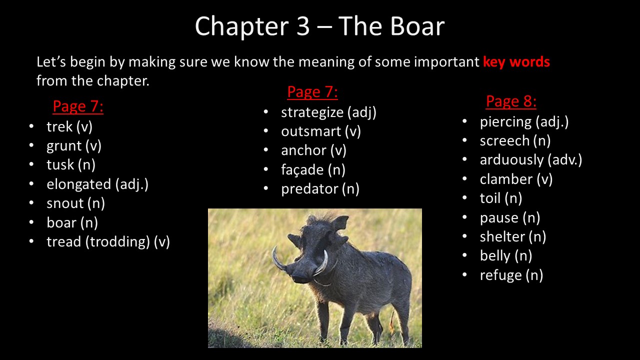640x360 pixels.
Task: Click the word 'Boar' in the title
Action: click(x=417, y=26)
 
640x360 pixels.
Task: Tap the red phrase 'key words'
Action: click(x=516, y=61)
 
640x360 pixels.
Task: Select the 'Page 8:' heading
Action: click(x=511, y=101)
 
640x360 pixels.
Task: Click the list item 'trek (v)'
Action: click(x=69, y=126)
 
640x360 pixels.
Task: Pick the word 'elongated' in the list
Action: click(x=79, y=184)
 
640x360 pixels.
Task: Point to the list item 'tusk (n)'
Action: click(x=71, y=164)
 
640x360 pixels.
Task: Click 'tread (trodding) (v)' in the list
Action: click(x=108, y=241)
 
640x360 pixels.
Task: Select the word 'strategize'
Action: click(x=312, y=112)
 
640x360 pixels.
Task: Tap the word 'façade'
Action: click(x=302, y=169)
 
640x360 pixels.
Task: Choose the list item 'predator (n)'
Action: click(x=320, y=189)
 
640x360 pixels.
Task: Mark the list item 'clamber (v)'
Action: click(x=516, y=179)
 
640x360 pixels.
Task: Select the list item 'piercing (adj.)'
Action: click(x=524, y=122)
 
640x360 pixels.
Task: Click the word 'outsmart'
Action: click(x=311, y=131)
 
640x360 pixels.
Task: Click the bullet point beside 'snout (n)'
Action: click(x=31, y=203)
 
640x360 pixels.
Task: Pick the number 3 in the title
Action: click(x=303, y=26)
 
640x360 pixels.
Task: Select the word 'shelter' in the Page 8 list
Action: click(x=502, y=236)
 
